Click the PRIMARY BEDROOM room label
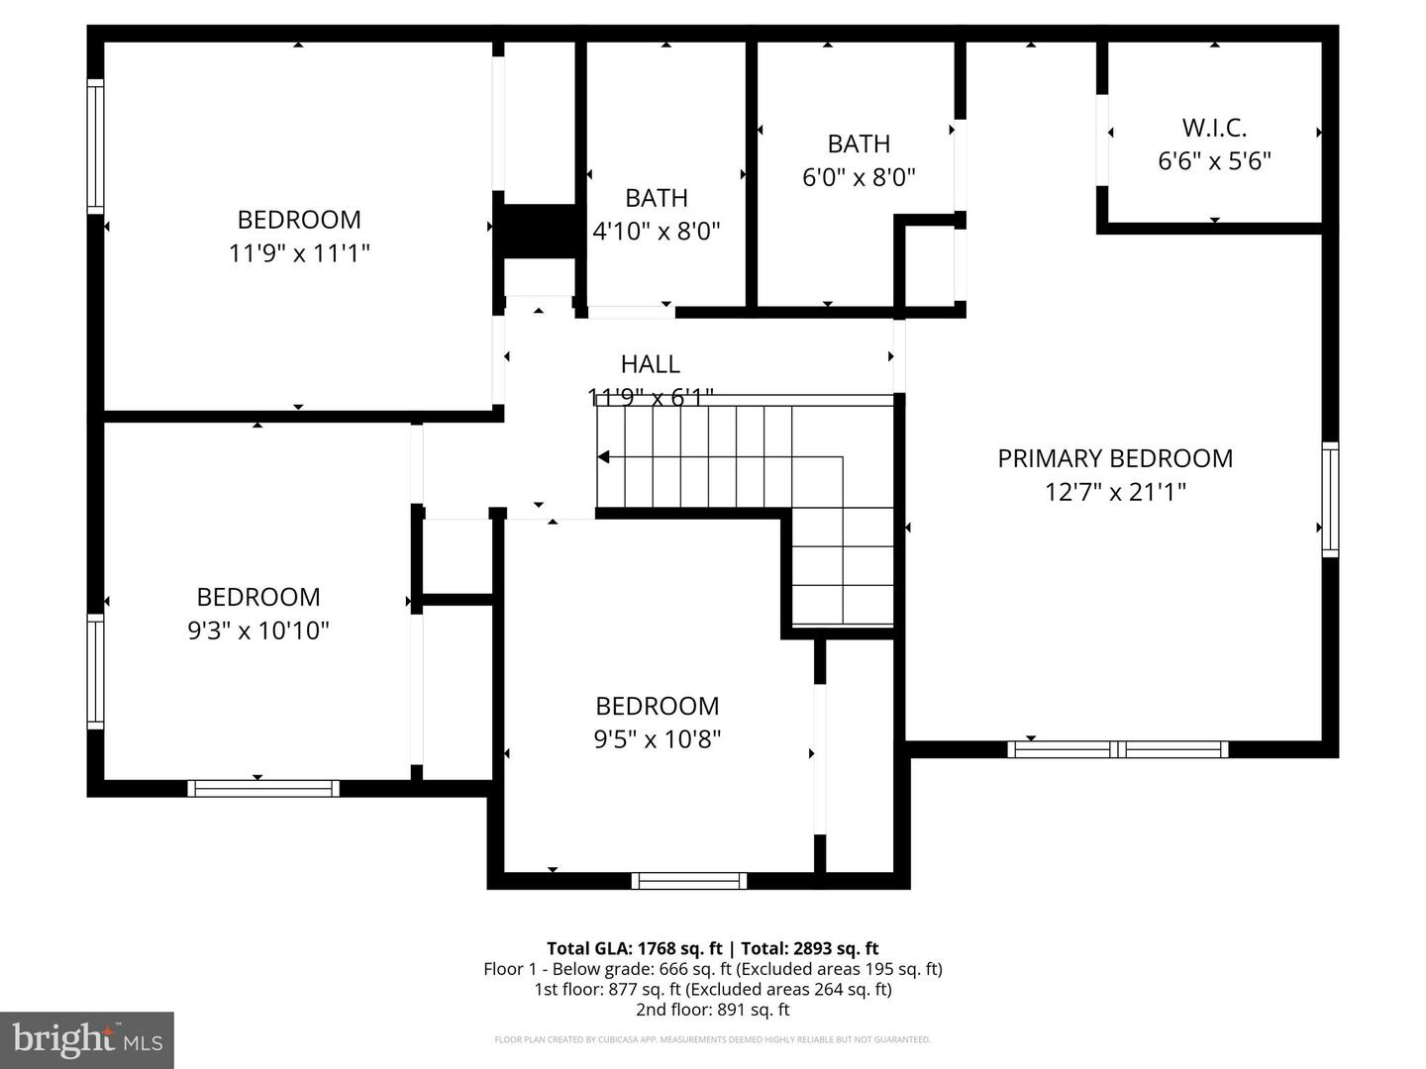click(x=1115, y=458)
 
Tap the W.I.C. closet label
click(x=1214, y=128)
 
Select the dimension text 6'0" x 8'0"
click(x=859, y=177)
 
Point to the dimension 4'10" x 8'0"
click(x=657, y=232)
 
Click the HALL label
click(x=651, y=364)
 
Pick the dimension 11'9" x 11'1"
click(x=299, y=253)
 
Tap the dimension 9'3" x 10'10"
click(x=258, y=631)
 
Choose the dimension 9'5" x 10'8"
click(x=658, y=739)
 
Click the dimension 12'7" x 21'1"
click(x=1115, y=492)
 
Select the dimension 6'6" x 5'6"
click(x=1214, y=160)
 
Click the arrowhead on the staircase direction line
click(x=603, y=456)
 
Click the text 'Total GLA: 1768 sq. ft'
click(x=635, y=948)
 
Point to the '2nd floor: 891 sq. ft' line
click(x=713, y=1010)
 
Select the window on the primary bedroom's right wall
click(x=1330, y=500)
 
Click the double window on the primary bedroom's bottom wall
click(x=1118, y=749)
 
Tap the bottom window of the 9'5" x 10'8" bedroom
click(x=689, y=881)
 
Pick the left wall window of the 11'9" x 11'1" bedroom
click(x=95, y=146)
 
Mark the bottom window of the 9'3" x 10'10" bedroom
click(x=263, y=788)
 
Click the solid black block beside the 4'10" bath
click(x=540, y=232)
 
